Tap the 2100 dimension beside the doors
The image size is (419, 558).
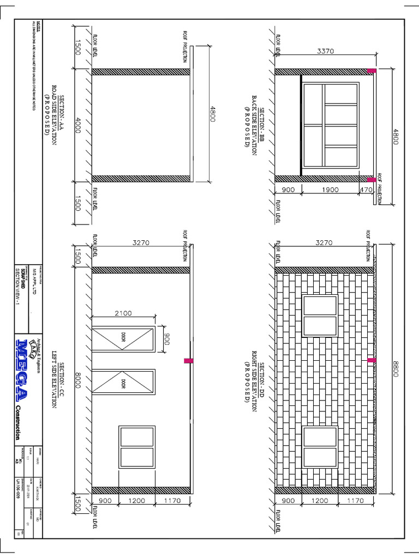[x=123, y=313]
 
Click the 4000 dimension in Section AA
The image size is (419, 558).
[x=79, y=124]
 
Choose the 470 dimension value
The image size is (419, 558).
[x=365, y=190]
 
